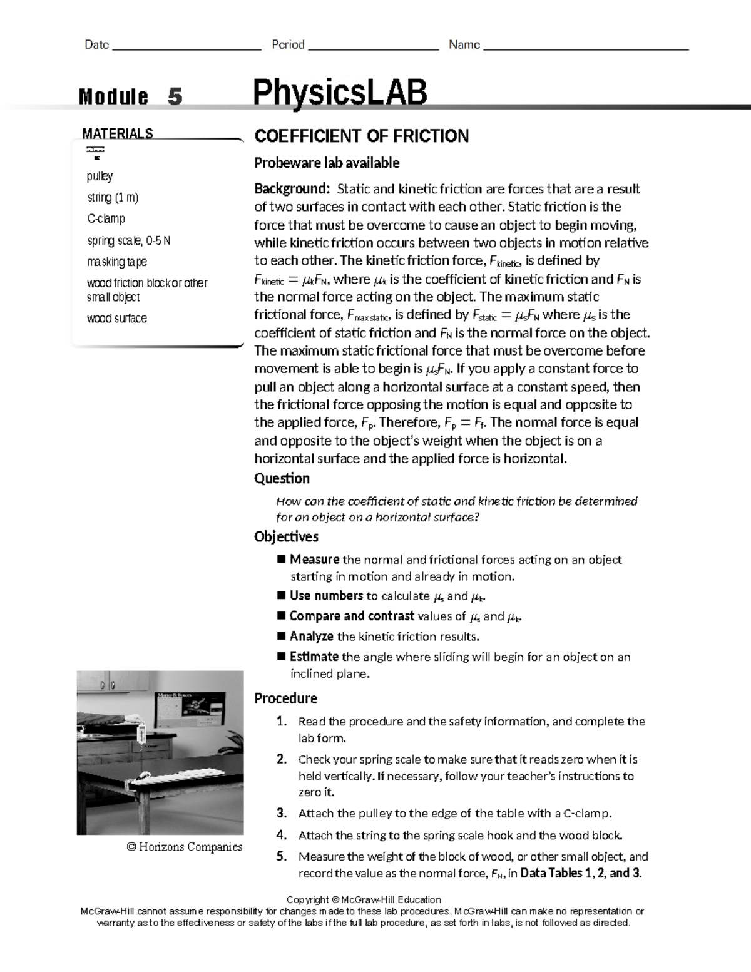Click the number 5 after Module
click(175, 97)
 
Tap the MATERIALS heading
click(118, 133)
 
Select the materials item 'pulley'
click(100, 176)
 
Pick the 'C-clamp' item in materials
click(106, 218)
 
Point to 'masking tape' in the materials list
click(117, 262)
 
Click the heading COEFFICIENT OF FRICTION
click(361, 136)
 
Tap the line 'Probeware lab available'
click(326, 163)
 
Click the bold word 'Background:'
click(291, 189)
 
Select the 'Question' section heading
click(282, 478)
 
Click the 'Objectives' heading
click(286, 536)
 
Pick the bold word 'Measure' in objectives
click(314, 560)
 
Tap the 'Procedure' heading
click(285, 698)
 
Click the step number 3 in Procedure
click(282, 814)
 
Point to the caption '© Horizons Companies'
click(184, 847)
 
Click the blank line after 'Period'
click(373, 45)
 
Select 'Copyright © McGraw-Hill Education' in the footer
click(362, 899)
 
